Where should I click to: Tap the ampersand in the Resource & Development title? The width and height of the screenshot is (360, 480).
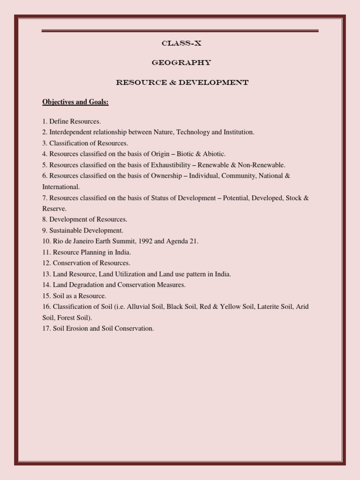(173, 82)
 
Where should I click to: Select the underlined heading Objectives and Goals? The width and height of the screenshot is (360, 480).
(75, 102)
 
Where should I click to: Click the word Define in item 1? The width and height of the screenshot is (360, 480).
(60, 121)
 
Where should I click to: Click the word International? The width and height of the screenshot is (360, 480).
(61, 187)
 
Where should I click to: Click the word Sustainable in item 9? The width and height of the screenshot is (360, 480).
(66, 230)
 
